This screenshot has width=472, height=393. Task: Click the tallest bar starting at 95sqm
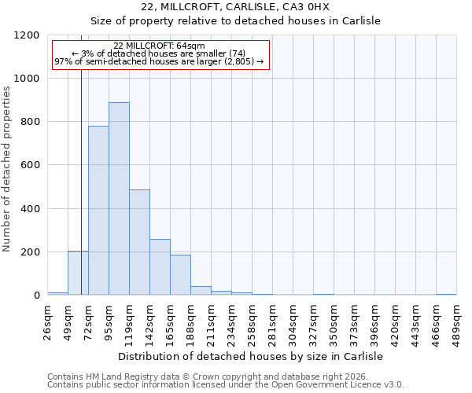(119, 199)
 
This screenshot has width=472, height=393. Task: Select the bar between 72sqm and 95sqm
(98, 211)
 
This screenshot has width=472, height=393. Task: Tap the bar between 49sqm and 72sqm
(78, 274)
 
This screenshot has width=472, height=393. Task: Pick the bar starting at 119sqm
(139, 242)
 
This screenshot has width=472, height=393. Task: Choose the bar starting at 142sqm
(160, 267)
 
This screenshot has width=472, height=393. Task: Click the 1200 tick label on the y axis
(28, 35)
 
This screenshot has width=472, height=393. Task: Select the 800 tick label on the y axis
(31, 122)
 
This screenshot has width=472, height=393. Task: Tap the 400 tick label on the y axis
(31, 209)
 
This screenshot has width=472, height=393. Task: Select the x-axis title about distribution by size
(251, 356)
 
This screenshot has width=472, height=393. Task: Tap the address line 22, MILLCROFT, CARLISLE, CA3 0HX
(246, 7)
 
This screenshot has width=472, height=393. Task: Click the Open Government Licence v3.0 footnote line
(226, 384)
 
